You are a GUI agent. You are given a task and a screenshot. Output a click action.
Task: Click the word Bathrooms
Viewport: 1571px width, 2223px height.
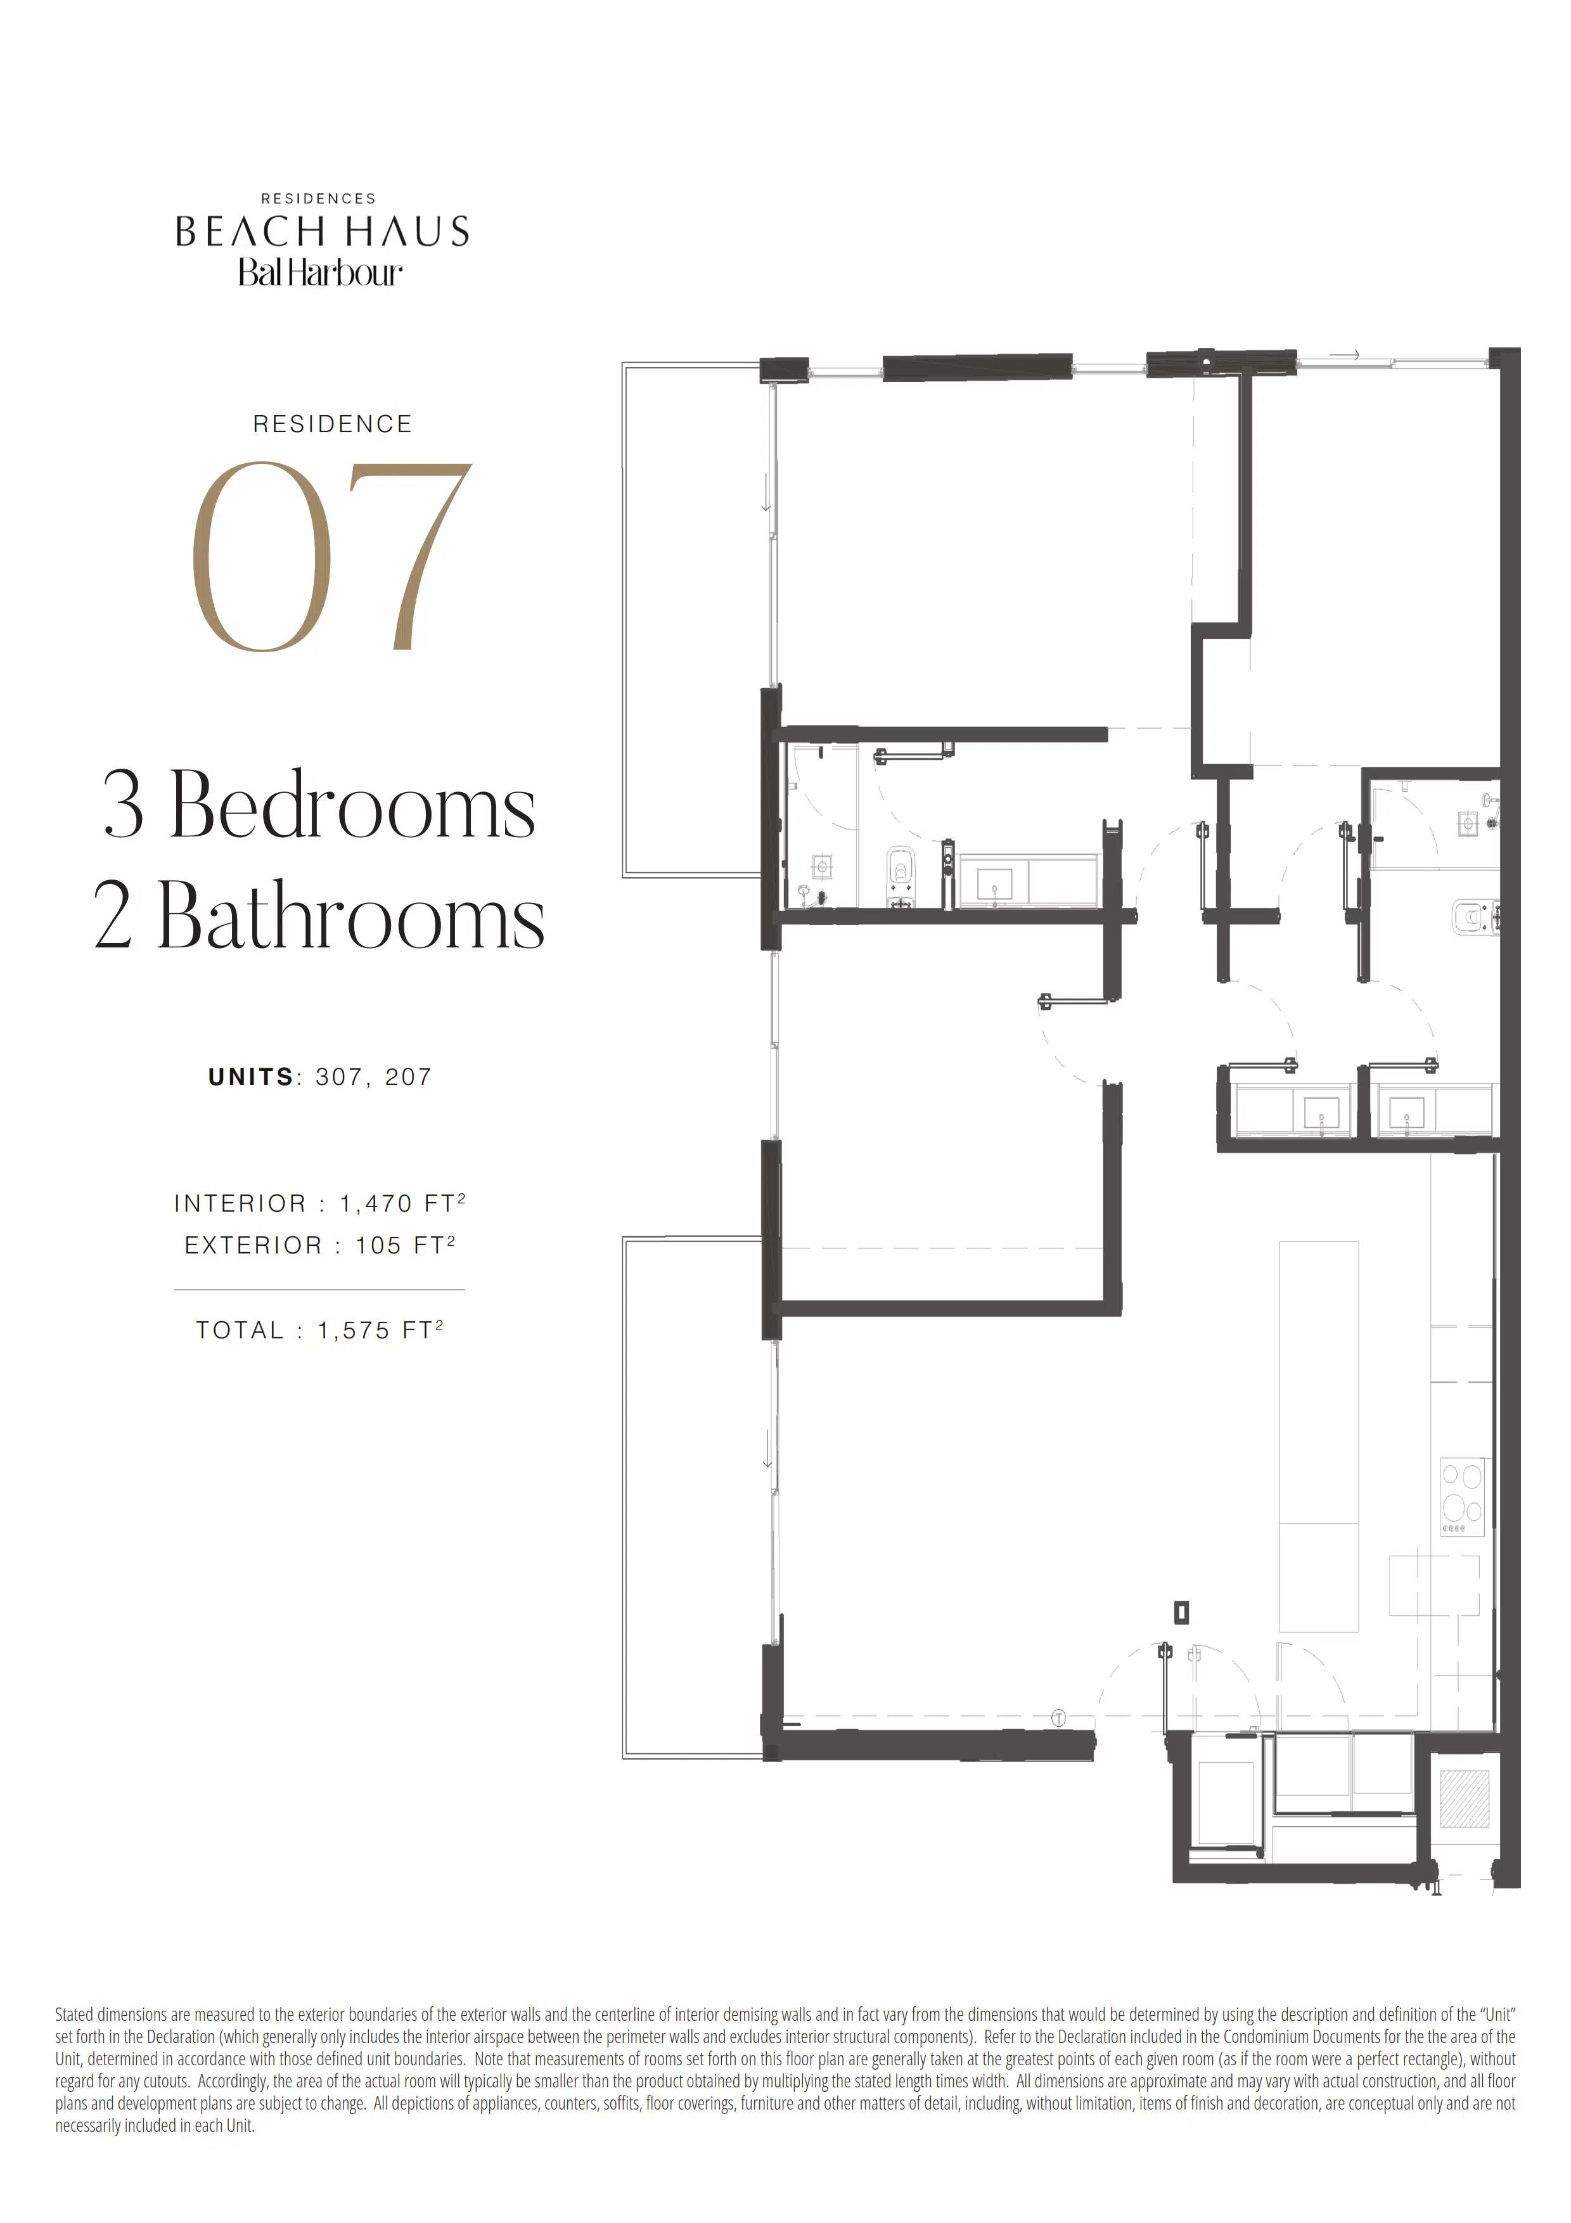[x=350, y=915]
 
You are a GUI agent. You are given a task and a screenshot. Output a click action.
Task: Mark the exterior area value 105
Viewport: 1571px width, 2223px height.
[x=378, y=1245]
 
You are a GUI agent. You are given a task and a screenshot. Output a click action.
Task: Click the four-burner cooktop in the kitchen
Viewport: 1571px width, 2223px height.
[x=1461, y=1496]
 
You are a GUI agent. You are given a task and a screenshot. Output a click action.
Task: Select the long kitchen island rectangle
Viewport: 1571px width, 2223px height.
[x=1318, y=1436]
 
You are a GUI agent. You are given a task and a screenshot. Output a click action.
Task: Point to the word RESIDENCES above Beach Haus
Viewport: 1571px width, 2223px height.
[x=319, y=198]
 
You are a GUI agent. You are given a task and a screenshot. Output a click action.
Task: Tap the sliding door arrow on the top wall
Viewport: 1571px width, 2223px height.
[x=1345, y=356]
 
